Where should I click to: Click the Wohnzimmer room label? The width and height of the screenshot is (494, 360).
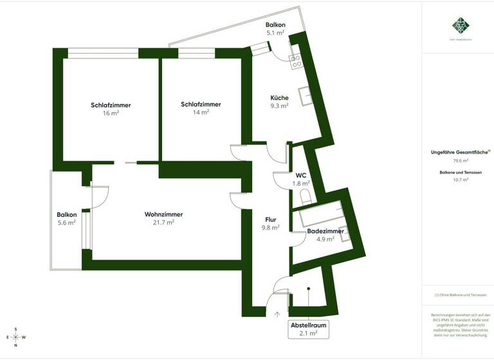tap(163, 214)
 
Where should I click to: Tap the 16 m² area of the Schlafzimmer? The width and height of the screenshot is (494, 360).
tap(106, 113)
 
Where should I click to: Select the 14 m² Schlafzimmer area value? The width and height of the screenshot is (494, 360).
tap(201, 113)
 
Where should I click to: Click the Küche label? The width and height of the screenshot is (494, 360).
tap(279, 98)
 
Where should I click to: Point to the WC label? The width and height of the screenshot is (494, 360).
tap(300, 175)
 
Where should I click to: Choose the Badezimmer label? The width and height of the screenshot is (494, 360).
tap(325, 231)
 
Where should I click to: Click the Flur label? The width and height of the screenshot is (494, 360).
tap(270, 219)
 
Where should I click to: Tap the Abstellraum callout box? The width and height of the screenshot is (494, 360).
tap(304, 329)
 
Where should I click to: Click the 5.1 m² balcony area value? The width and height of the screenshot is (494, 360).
tap(275, 32)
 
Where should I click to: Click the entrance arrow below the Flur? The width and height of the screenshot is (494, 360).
tap(277, 314)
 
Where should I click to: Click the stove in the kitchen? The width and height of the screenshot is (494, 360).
tap(297, 61)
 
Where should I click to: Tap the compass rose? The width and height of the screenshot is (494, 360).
tap(15, 337)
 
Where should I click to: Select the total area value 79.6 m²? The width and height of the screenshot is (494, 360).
tap(461, 161)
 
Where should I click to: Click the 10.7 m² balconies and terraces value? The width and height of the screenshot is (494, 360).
tap(461, 180)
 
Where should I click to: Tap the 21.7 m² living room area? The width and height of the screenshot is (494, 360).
tap(163, 222)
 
